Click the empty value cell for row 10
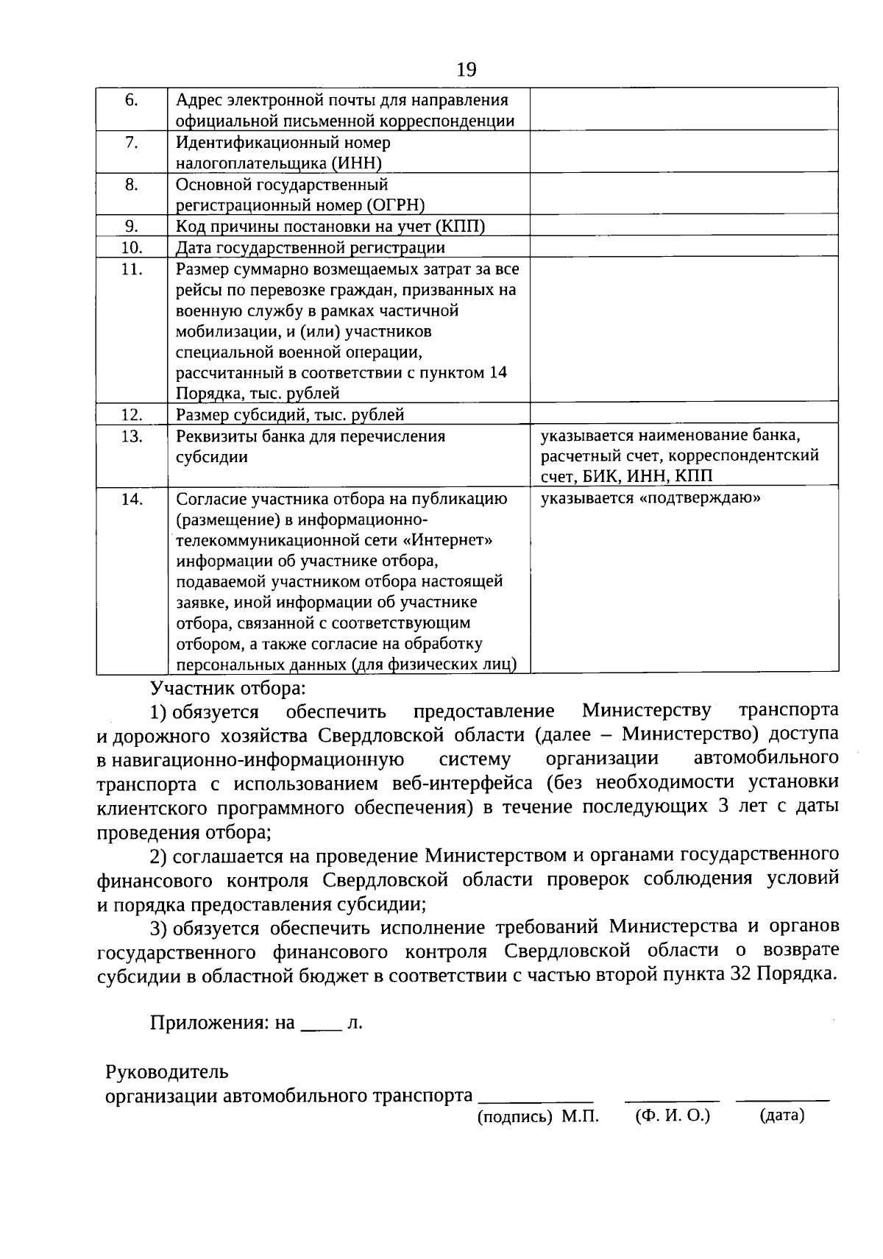[x=684, y=247]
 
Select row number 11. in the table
[x=132, y=269]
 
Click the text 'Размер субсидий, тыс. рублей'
[x=290, y=415]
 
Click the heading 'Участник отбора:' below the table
[x=227, y=689]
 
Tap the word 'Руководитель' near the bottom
[x=167, y=1071]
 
